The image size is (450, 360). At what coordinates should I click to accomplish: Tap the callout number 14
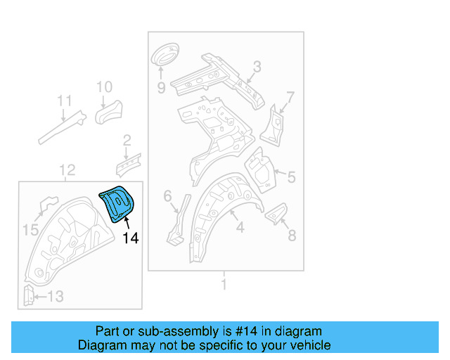point(131,238)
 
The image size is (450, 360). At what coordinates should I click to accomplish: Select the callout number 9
point(160,88)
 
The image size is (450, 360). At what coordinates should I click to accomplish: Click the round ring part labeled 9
point(165,54)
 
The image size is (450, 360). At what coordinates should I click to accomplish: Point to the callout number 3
point(257,67)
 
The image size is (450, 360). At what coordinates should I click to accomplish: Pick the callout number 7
point(290,96)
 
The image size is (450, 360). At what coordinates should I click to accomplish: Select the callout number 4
point(240,228)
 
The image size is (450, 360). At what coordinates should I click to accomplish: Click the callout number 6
point(167,196)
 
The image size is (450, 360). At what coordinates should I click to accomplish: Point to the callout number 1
point(224,285)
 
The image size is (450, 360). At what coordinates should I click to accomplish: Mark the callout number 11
point(65,100)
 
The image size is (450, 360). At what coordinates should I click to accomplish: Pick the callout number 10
point(104,87)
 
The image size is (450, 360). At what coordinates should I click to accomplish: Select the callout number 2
point(127,140)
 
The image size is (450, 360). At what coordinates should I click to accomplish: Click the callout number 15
point(30,229)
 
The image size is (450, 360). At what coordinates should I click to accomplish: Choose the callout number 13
point(54,297)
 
